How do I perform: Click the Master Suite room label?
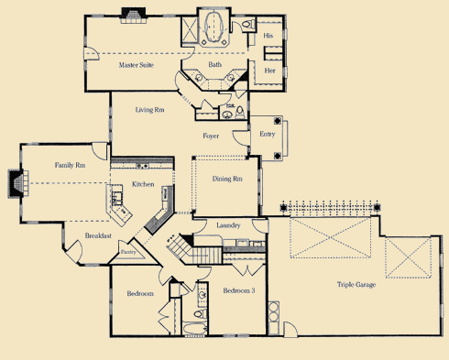coord(136,66)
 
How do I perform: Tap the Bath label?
coord(215,65)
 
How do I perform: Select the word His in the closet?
coord(268,36)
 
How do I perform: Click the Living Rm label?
coord(149,111)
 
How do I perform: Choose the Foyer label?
coord(211,136)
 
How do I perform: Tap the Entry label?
coord(267,135)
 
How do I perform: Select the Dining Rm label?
coord(227,180)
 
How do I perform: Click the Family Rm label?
coord(71,166)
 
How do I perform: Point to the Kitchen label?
coord(143,184)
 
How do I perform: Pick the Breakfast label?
coord(98,235)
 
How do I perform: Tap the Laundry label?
coord(228,224)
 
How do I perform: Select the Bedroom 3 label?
coord(240,291)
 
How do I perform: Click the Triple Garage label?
coord(356,285)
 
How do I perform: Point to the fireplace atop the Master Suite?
coord(134,14)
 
